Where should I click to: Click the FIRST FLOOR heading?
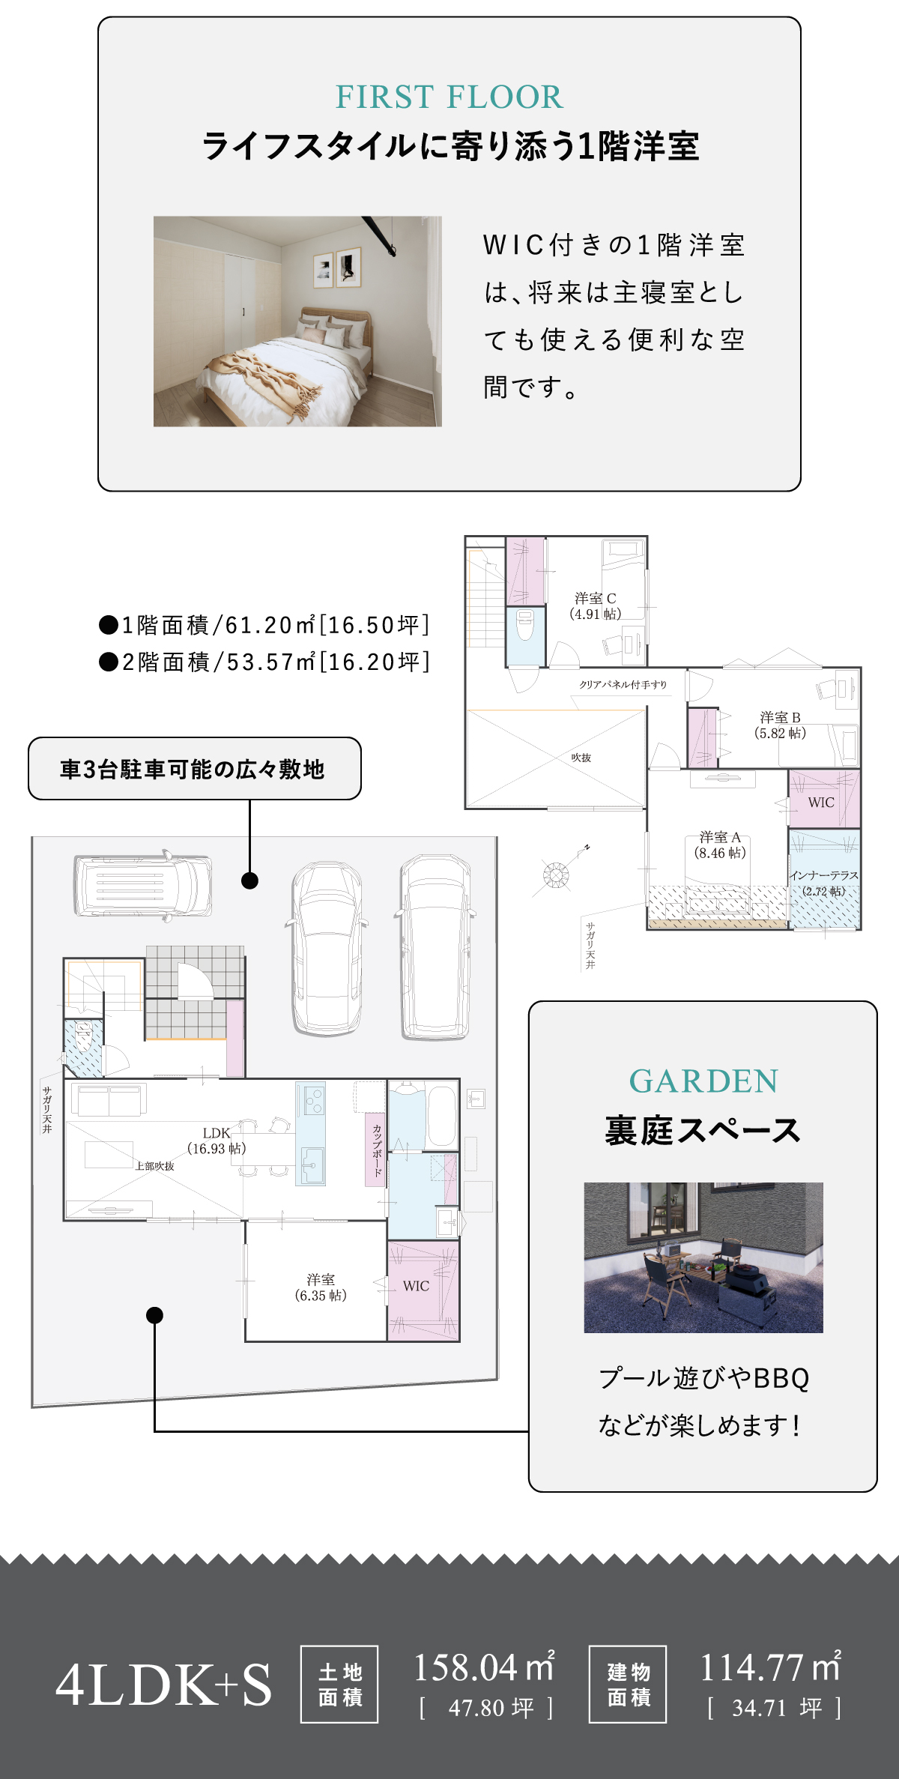pyautogui.click(x=449, y=97)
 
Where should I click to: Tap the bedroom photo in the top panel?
pyautogui.click(x=297, y=321)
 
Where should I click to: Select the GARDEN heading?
pyautogui.click(x=703, y=1081)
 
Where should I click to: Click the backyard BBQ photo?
pyautogui.click(x=703, y=1257)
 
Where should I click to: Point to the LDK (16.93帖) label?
pyautogui.click(x=217, y=1141)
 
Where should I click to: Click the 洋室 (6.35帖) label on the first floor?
pyautogui.click(x=321, y=1287)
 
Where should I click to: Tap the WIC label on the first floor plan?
pyautogui.click(x=417, y=1286)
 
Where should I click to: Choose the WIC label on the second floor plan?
pyautogui.click(x=821, y=803)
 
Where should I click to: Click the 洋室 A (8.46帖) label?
pyautogui.click(x=720, y=845)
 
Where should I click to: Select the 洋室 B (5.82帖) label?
pyautogui.click(x=780, y=725)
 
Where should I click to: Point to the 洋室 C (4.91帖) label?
pyautogui.click(x=596, y=606)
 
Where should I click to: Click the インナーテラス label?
pyautogui.click(x=824, y=875)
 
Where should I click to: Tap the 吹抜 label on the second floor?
pyautogui.click(x=581, y=758)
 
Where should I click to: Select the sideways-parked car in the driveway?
pyautogui.click(x=142, y=885)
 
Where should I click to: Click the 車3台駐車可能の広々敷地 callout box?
pyautogui.click(x=195, y=769)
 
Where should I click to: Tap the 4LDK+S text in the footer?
pyautogui.click(x=163, y=1685)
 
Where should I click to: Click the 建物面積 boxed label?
pyautogui.click(x=628, y=1684)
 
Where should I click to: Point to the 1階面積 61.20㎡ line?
pyautogui.click(x=264, y=625)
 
